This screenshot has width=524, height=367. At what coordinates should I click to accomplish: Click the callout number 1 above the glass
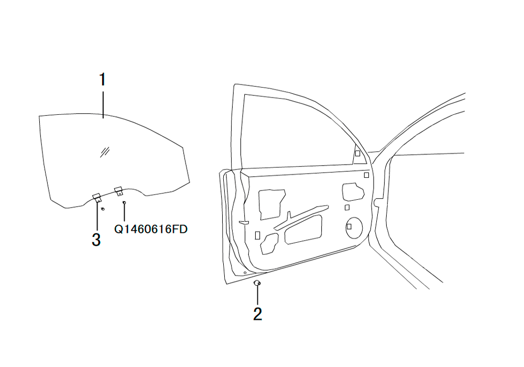103,80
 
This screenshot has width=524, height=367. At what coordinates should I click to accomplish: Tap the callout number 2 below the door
258,314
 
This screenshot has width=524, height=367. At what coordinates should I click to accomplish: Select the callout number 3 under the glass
96,240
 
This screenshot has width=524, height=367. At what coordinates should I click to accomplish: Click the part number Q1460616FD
151,229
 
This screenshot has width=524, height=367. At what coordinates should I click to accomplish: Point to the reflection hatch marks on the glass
105,152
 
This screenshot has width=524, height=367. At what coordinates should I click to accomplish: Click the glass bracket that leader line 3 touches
97,198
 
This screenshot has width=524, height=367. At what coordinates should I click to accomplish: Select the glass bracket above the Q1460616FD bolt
118,191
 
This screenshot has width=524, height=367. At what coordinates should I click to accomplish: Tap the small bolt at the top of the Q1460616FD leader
124,202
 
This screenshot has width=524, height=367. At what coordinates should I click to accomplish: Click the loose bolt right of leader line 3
103,209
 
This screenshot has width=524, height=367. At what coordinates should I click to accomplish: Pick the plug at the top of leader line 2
257,283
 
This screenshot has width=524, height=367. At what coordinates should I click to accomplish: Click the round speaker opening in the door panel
354,228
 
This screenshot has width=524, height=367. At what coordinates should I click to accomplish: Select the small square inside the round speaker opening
349,226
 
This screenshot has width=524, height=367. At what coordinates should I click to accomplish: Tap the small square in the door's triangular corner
357,154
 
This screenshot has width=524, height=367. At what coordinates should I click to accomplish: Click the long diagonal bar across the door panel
301,217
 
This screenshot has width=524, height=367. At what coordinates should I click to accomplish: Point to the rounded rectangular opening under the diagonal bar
303,229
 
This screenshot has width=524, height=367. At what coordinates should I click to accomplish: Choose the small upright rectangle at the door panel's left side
257,235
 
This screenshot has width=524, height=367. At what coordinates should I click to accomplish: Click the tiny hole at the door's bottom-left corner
245,273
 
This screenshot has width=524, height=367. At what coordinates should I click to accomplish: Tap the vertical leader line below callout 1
103,105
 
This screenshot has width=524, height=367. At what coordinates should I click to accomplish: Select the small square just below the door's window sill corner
366,175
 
